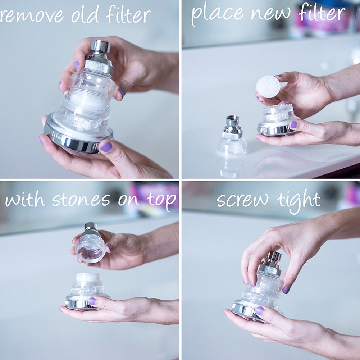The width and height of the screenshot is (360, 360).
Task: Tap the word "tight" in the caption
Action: pos(299,200)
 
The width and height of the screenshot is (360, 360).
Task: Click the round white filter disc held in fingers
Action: pos(268,87)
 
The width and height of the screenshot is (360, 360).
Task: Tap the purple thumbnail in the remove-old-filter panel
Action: pos(106,147)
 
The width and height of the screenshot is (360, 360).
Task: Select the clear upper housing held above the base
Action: pos(91,248)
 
